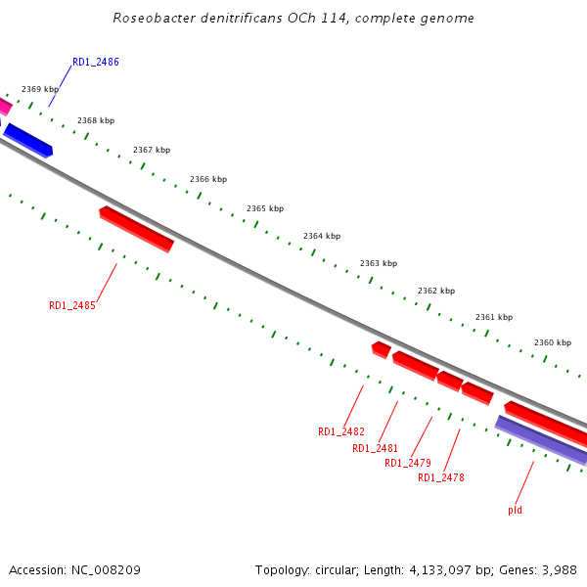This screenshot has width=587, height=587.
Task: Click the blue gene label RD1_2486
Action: coord(96,62)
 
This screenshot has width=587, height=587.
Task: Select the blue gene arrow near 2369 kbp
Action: coord(28,140)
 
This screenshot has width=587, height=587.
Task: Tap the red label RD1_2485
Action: coord(72,305)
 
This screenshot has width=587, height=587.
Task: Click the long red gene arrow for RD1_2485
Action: coord(136,229)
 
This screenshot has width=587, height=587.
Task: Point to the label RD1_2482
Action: coord(341,431)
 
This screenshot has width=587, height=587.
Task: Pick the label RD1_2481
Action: coord(375,448)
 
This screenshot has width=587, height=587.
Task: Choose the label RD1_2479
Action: coord(408,463)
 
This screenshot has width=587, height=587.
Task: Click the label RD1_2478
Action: coord(441,477)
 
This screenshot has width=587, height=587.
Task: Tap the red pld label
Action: coord(515,510)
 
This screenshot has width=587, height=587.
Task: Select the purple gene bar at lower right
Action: coord(542,440)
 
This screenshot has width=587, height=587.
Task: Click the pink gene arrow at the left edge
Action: coord(5,106)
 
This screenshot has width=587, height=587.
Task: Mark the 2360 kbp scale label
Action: coord(553,342)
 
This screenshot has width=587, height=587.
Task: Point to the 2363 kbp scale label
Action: coord(379,263)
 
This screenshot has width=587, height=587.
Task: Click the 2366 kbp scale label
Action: coord(208,179)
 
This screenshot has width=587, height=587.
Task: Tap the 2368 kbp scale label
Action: coord(96,120)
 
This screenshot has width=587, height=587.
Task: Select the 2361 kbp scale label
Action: coord(494,317)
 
